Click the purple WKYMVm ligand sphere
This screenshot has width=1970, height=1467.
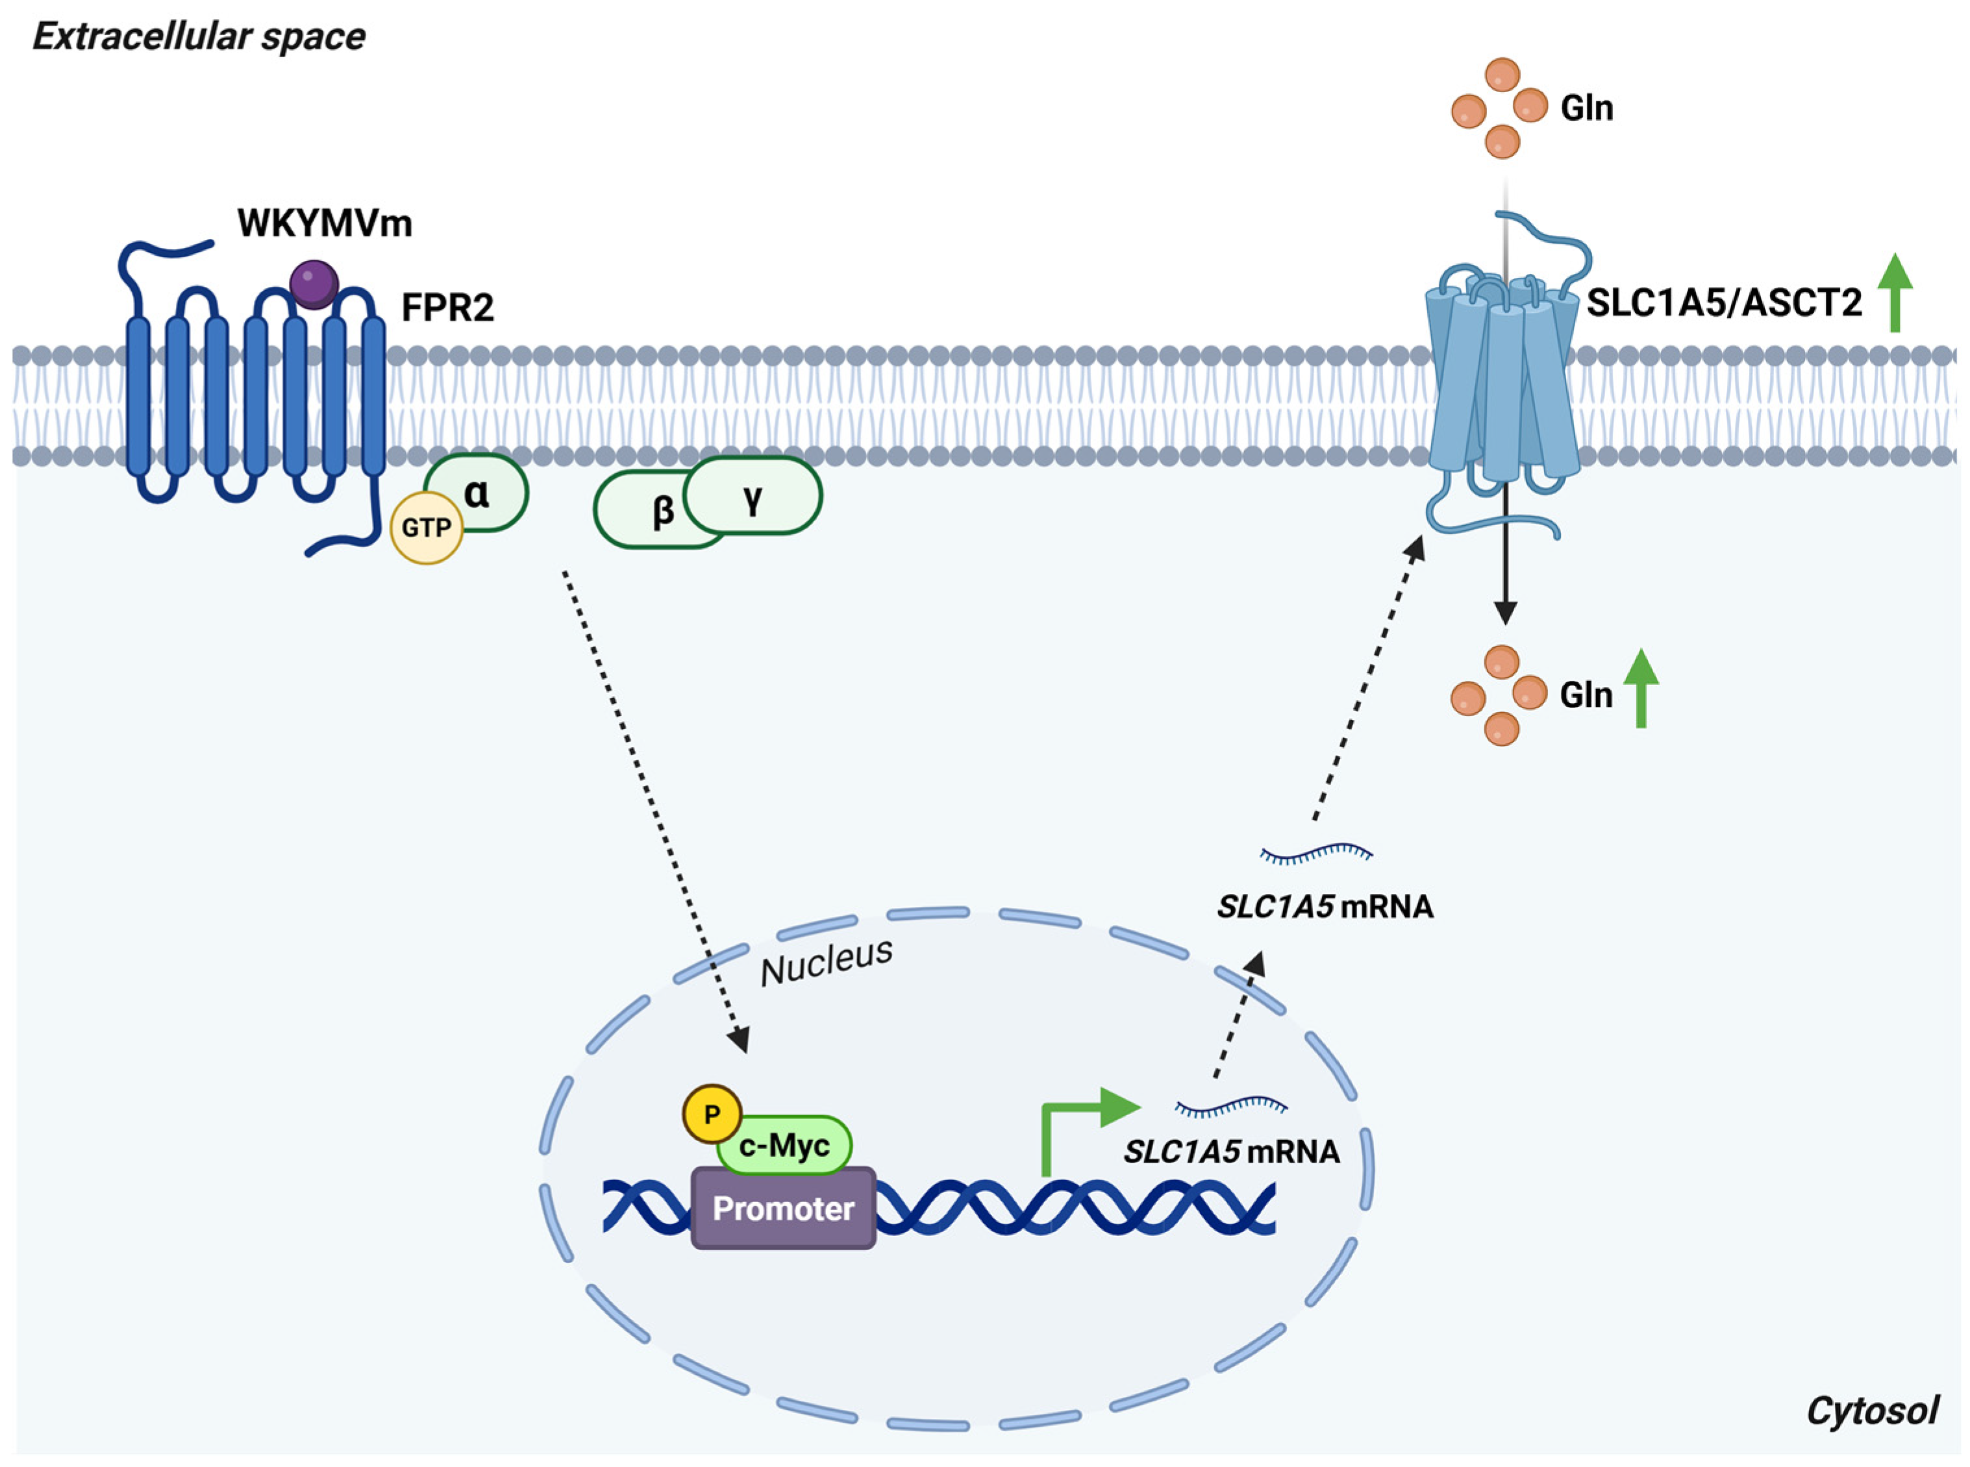(314, 284)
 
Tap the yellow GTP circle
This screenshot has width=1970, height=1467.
(427, 528)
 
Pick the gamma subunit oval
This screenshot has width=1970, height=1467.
(753, 495)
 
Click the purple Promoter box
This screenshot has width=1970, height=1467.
(783, 1209)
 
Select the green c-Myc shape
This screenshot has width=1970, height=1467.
(785, 1146)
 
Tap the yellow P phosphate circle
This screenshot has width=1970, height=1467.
(712, 1114)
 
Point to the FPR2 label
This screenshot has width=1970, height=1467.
(447, 307)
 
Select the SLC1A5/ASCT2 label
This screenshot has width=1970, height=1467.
(1724, 303)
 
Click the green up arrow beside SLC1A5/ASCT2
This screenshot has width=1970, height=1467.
(1895, 293)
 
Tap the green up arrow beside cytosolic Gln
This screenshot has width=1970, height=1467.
(1641, 688)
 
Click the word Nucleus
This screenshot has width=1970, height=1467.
(826, 962)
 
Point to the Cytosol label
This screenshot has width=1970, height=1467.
(1873, 1410)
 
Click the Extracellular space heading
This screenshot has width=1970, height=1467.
(199, 37)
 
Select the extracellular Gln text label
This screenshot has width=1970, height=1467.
(1586, 108)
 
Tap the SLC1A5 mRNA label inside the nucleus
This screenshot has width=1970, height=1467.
(1232, 1152)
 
